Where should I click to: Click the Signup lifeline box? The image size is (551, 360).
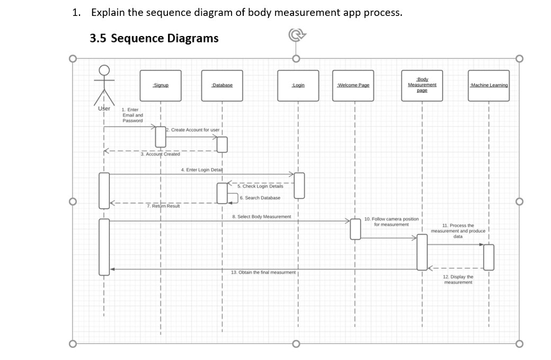coord(161,85)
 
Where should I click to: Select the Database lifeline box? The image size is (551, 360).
coord(222,85)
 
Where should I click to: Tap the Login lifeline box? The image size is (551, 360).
coord(298,85)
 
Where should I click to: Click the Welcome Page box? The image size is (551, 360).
coord(353,85)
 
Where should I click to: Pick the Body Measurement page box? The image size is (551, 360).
coord(422,85)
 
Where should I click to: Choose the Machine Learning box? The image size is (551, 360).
coord(488,85)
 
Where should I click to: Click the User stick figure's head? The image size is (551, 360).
coord(104,71)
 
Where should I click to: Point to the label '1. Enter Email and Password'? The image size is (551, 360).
coord(132,115)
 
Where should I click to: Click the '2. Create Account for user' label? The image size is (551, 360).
coord(193,130)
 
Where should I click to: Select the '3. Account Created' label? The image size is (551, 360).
coord(161,154)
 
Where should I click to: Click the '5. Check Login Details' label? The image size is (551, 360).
coord(260,187)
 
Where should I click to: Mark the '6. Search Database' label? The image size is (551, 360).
coord(260,198)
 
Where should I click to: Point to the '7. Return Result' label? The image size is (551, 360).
coord(163,206)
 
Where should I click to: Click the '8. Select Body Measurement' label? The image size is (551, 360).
coord(262,216)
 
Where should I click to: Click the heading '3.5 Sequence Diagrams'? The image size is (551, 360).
coord(154,39)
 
